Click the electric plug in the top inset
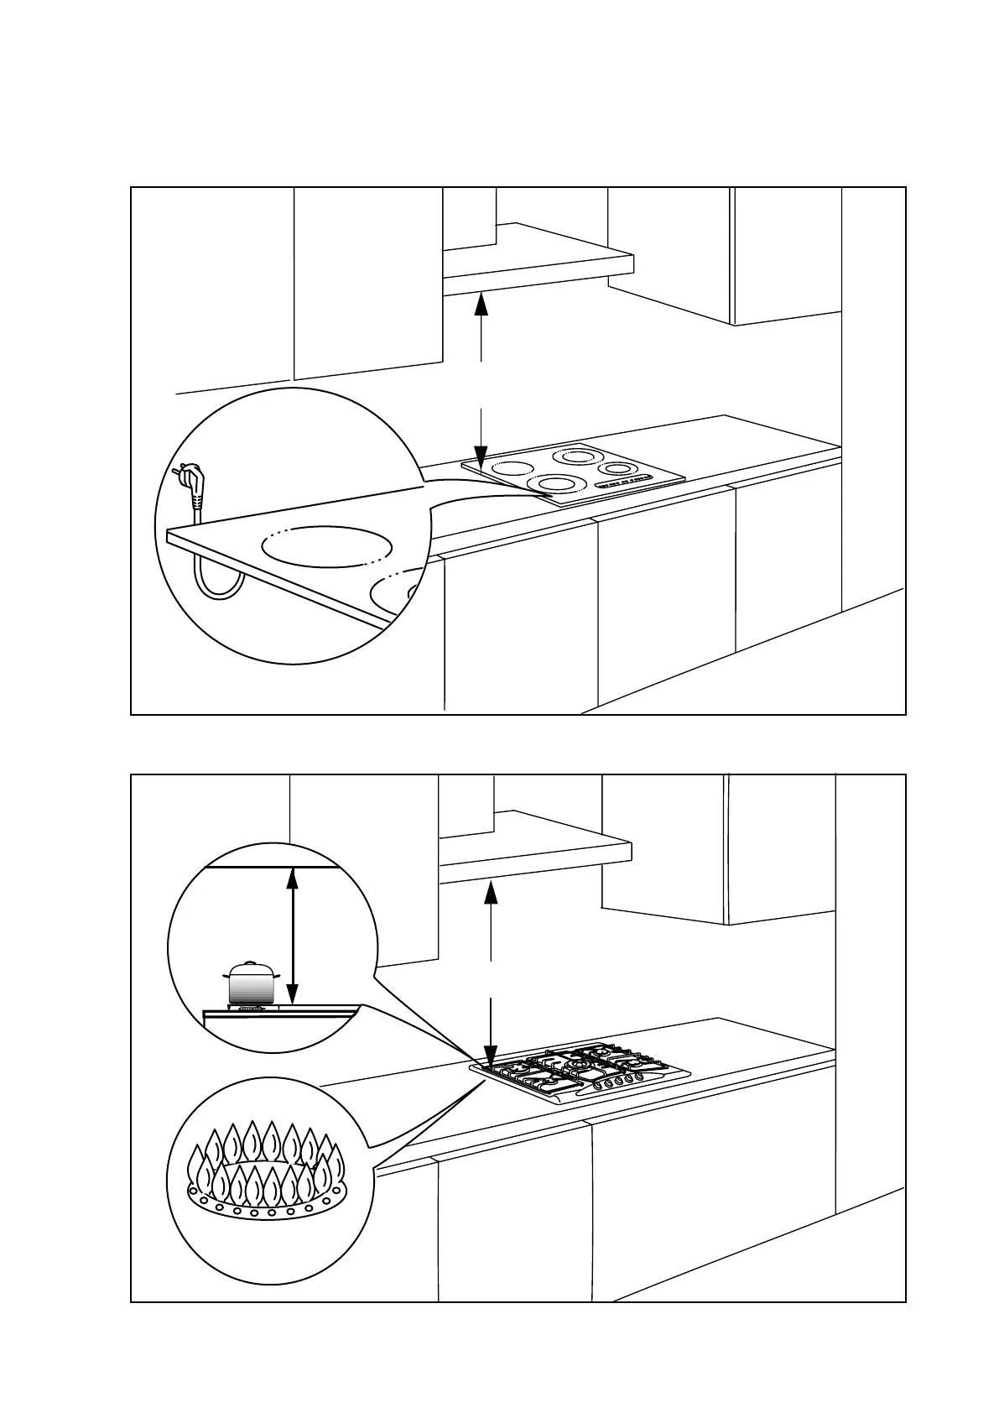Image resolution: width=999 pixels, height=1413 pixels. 192,487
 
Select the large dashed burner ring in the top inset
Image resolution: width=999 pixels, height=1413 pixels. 327,547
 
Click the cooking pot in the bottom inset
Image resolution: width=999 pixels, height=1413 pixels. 251,983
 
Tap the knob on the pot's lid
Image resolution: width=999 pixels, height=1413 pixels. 249,964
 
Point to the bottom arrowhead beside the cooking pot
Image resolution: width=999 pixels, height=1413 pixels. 292,993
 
